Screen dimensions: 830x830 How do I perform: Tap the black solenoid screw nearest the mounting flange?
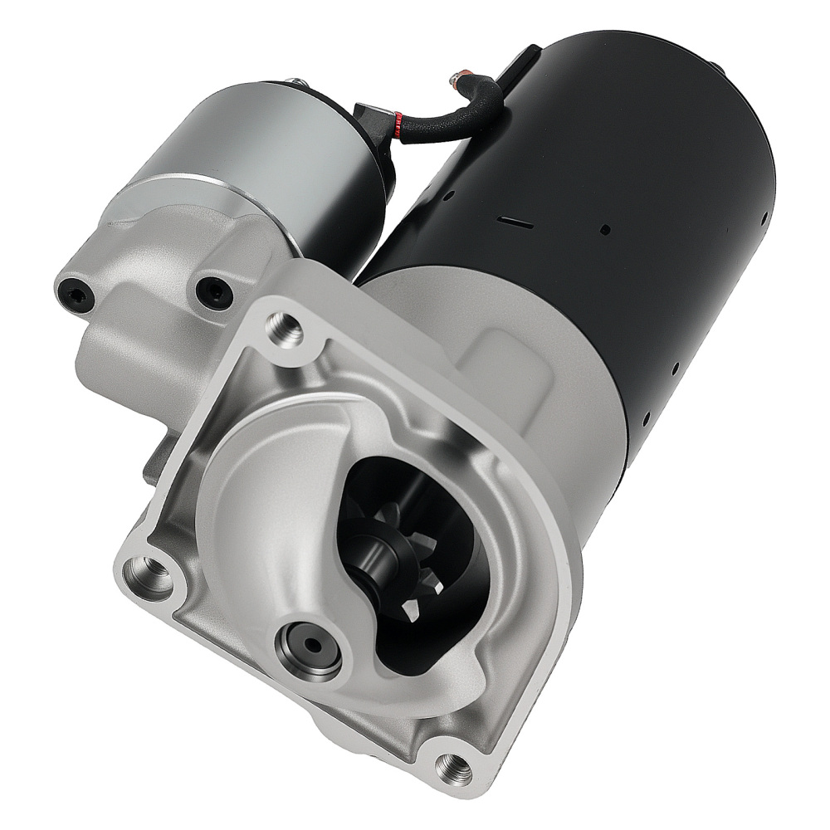213,290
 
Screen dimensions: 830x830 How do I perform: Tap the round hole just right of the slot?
605,228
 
